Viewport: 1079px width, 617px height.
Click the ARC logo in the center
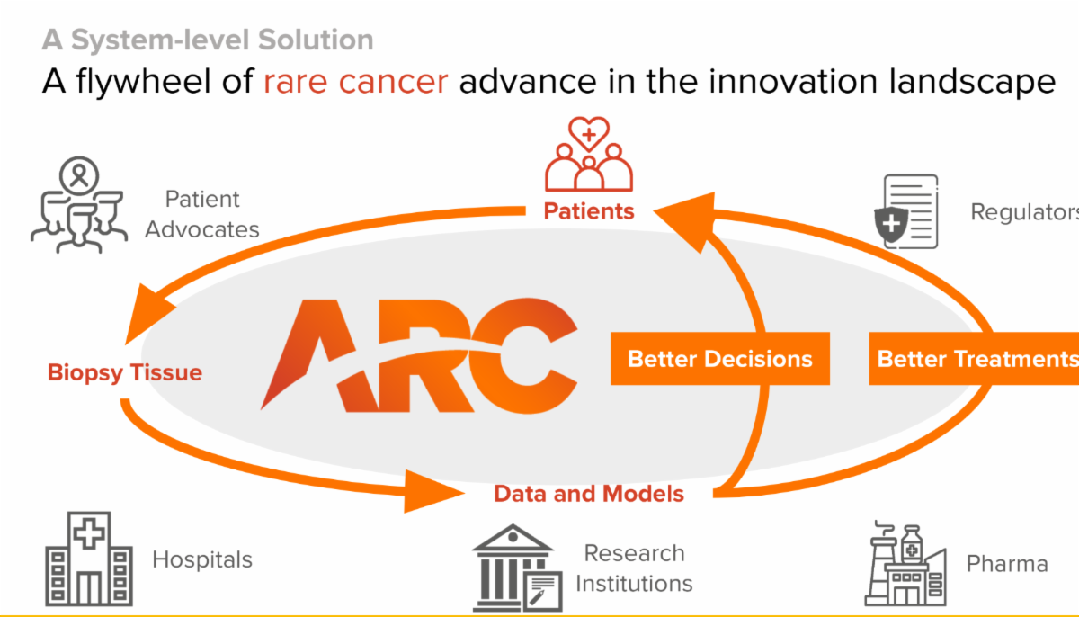(x=419, y=356)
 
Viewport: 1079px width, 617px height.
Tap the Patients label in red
(x=589, y=211)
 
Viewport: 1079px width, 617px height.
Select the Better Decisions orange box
(x=720, y=358)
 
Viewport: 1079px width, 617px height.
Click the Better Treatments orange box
(x=974, y=358)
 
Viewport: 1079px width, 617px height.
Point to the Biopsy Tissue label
(x=125, y=372)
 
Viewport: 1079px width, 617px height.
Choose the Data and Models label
(x=589, y=494)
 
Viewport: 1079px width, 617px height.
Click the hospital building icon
(x=89, y=559)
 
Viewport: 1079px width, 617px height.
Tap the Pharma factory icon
(x=905, y=564)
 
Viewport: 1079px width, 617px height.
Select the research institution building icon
(x=517, y=568)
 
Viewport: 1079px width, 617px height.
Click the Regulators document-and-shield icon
(x=906, y=211)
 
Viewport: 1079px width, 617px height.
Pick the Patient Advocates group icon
(x=79, y=205)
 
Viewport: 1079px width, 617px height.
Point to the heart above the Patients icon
(x=589, y=133)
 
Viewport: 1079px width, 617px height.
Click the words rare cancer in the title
(x=356, y=81)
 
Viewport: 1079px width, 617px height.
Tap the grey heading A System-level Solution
(x=208, y=40)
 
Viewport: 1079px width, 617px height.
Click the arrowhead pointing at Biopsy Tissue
(x=147, y=313)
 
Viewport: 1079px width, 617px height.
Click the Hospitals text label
(x=202, y=559)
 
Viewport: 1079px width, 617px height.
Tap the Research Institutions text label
(x=635, y=568)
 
